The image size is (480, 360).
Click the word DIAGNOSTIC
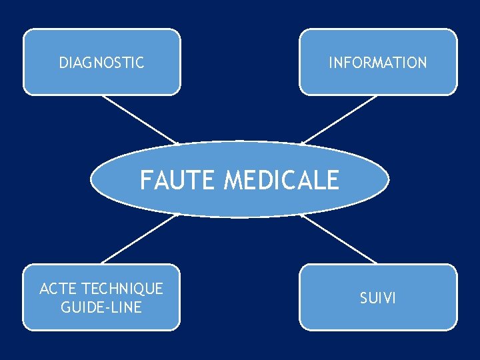click(x=101, y=63)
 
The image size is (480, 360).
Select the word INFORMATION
click(x=377, y=63)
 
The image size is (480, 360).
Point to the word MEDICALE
click(x=282, y=180)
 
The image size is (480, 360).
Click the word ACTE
click(x=57, y=289)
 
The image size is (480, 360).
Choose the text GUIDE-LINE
click(x=101, y=307)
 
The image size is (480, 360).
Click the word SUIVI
click(x=377, y=298)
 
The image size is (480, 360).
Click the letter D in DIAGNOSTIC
click(x=63, y=63)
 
